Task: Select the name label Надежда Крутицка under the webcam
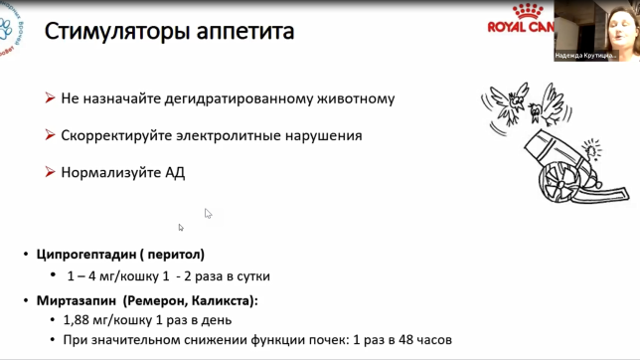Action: [586, 56]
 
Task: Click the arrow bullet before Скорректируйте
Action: [49, 135]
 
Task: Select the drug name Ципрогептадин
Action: [84, 254]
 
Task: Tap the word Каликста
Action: [225, 298]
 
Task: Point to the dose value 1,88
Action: [80, 320]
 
